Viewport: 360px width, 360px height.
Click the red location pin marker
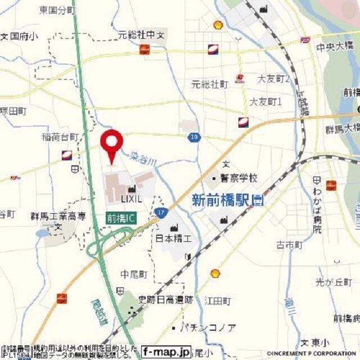(111, 143)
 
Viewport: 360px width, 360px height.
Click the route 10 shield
(194, 137)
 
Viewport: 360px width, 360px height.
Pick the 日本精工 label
(174, 238)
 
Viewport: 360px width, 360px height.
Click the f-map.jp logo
(166, 350)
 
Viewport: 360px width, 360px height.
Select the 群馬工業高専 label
(58, 216)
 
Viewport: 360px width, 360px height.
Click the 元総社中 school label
(136, 35)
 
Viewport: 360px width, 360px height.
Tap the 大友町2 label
(274, 79)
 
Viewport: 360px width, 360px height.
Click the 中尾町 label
(133, 274)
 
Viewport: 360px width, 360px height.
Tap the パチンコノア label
(208, 327)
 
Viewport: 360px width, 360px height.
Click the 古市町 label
(289, 245)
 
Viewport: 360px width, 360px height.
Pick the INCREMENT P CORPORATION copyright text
(307, 353)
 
